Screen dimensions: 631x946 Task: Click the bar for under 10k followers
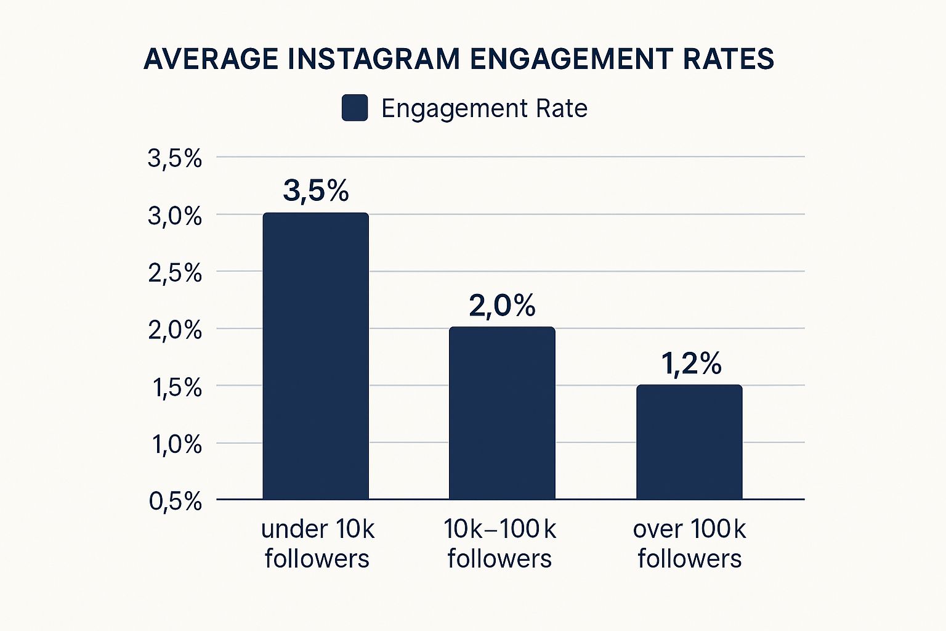[x=315, y=356]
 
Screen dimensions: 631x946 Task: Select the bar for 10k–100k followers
[x=502, y=413]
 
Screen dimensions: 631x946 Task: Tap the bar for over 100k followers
[x=689, y=442]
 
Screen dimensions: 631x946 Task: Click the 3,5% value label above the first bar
[x=316, y=190]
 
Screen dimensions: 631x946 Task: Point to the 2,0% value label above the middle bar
[x=502, y=306]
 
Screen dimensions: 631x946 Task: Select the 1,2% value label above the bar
[x=691, y=364]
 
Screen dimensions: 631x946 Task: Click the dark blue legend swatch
[x=355, y=108]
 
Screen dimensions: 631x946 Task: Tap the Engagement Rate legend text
[x=484, y=108]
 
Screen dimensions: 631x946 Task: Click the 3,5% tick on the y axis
[x=175, y=158]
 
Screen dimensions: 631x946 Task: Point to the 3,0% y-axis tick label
[x=175, y=216]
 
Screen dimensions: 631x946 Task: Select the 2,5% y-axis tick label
[x=175, y=273]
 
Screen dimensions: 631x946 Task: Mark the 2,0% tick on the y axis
[x=175, y=330]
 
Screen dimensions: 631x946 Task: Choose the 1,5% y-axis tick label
[x=175, y=388]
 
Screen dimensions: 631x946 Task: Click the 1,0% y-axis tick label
[x=176, y=444]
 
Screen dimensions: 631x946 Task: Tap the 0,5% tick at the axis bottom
[x=175, y=501]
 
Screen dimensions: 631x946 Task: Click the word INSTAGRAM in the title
[x=374, y=59]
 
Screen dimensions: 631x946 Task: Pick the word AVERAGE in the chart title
[x=211, y=59]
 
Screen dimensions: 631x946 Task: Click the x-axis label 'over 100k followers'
[x=689, y=544]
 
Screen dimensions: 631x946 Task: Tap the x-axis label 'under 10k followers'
[x=317, y=544]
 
